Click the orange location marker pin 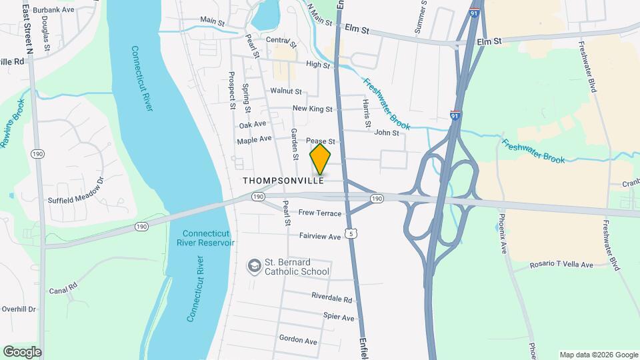coord(320,159)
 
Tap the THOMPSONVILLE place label coord(283,181)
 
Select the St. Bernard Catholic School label coord(297,267)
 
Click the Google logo coord(22,351)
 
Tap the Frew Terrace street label coord(320,213)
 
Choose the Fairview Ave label coord(320,237)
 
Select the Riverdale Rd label coord(331,298)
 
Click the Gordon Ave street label coord(298,340)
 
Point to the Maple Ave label coord(255,140)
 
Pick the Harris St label coord(367,113)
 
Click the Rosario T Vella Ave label coord(561,265)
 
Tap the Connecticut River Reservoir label coord(208,238)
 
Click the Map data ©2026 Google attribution coord(597,354)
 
